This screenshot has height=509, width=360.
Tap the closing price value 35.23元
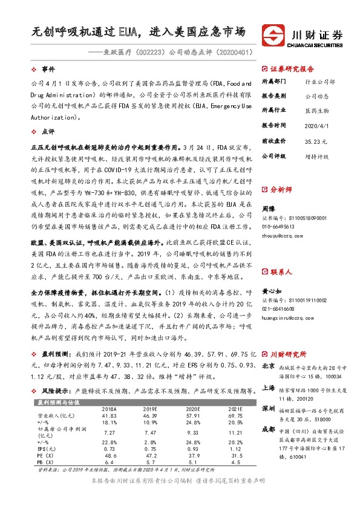pos(316,140)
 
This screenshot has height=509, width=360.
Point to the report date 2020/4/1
pos(316,125)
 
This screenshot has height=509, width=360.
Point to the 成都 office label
pos(269,429)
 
